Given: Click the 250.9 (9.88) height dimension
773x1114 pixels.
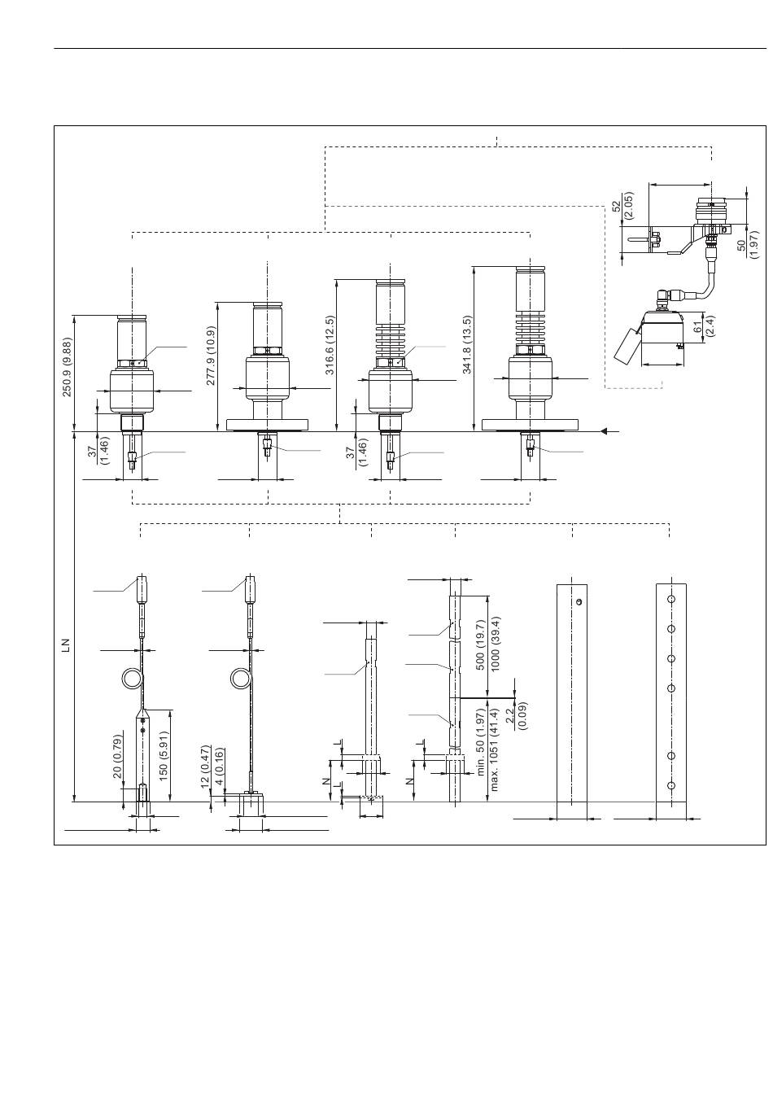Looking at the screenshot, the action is [68, 367].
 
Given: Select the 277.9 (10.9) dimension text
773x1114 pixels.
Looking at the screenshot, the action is [211, 356].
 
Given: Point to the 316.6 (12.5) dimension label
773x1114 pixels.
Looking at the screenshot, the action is [330, 345].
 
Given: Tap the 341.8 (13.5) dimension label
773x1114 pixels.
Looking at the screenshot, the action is [468, 344].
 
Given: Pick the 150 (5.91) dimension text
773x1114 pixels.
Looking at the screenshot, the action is [164, 755].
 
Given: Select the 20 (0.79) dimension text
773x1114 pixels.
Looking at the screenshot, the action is [117, 756].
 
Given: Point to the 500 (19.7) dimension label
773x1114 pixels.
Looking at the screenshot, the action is [481, 644].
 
